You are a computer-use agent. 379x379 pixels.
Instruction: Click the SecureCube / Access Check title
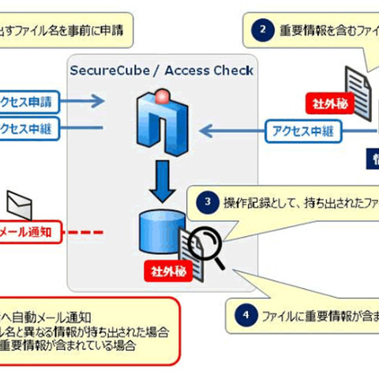pyautogui.click(x=162, y=70)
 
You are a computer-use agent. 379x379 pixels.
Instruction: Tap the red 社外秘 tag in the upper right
pyautogui.click(x=325, y=103)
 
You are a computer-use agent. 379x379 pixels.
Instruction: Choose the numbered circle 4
pyautogui.click(x=246, y=313)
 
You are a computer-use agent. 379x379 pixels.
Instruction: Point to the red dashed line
pyautogui.click(x=88, y=232)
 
